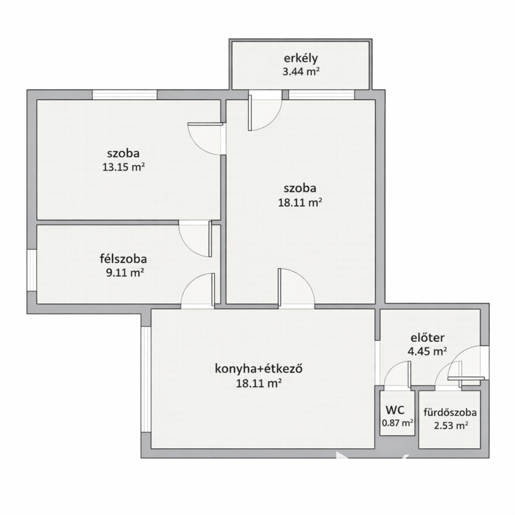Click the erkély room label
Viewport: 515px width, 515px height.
coord(301,58)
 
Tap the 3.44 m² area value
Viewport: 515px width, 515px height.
coord(301,72)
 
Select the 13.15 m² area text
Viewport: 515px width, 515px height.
coord(124,167)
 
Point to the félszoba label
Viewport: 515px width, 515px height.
coord(123,259)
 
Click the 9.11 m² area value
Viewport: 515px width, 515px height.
coord(125,273)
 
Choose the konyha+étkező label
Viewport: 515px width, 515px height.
coord(258,369)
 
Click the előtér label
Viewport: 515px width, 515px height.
coord(428,338)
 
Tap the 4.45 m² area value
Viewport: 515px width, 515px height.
coord(427,351)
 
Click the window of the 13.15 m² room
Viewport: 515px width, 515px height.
coord(125,95)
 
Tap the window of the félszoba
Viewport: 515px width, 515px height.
coord(32,270)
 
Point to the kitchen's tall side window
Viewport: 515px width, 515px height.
coord(146,379)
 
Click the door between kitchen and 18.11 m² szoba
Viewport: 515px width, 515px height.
coord(296,288)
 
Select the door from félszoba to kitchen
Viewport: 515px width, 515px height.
coord(198,291)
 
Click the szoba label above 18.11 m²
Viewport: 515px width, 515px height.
coord(300,188)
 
